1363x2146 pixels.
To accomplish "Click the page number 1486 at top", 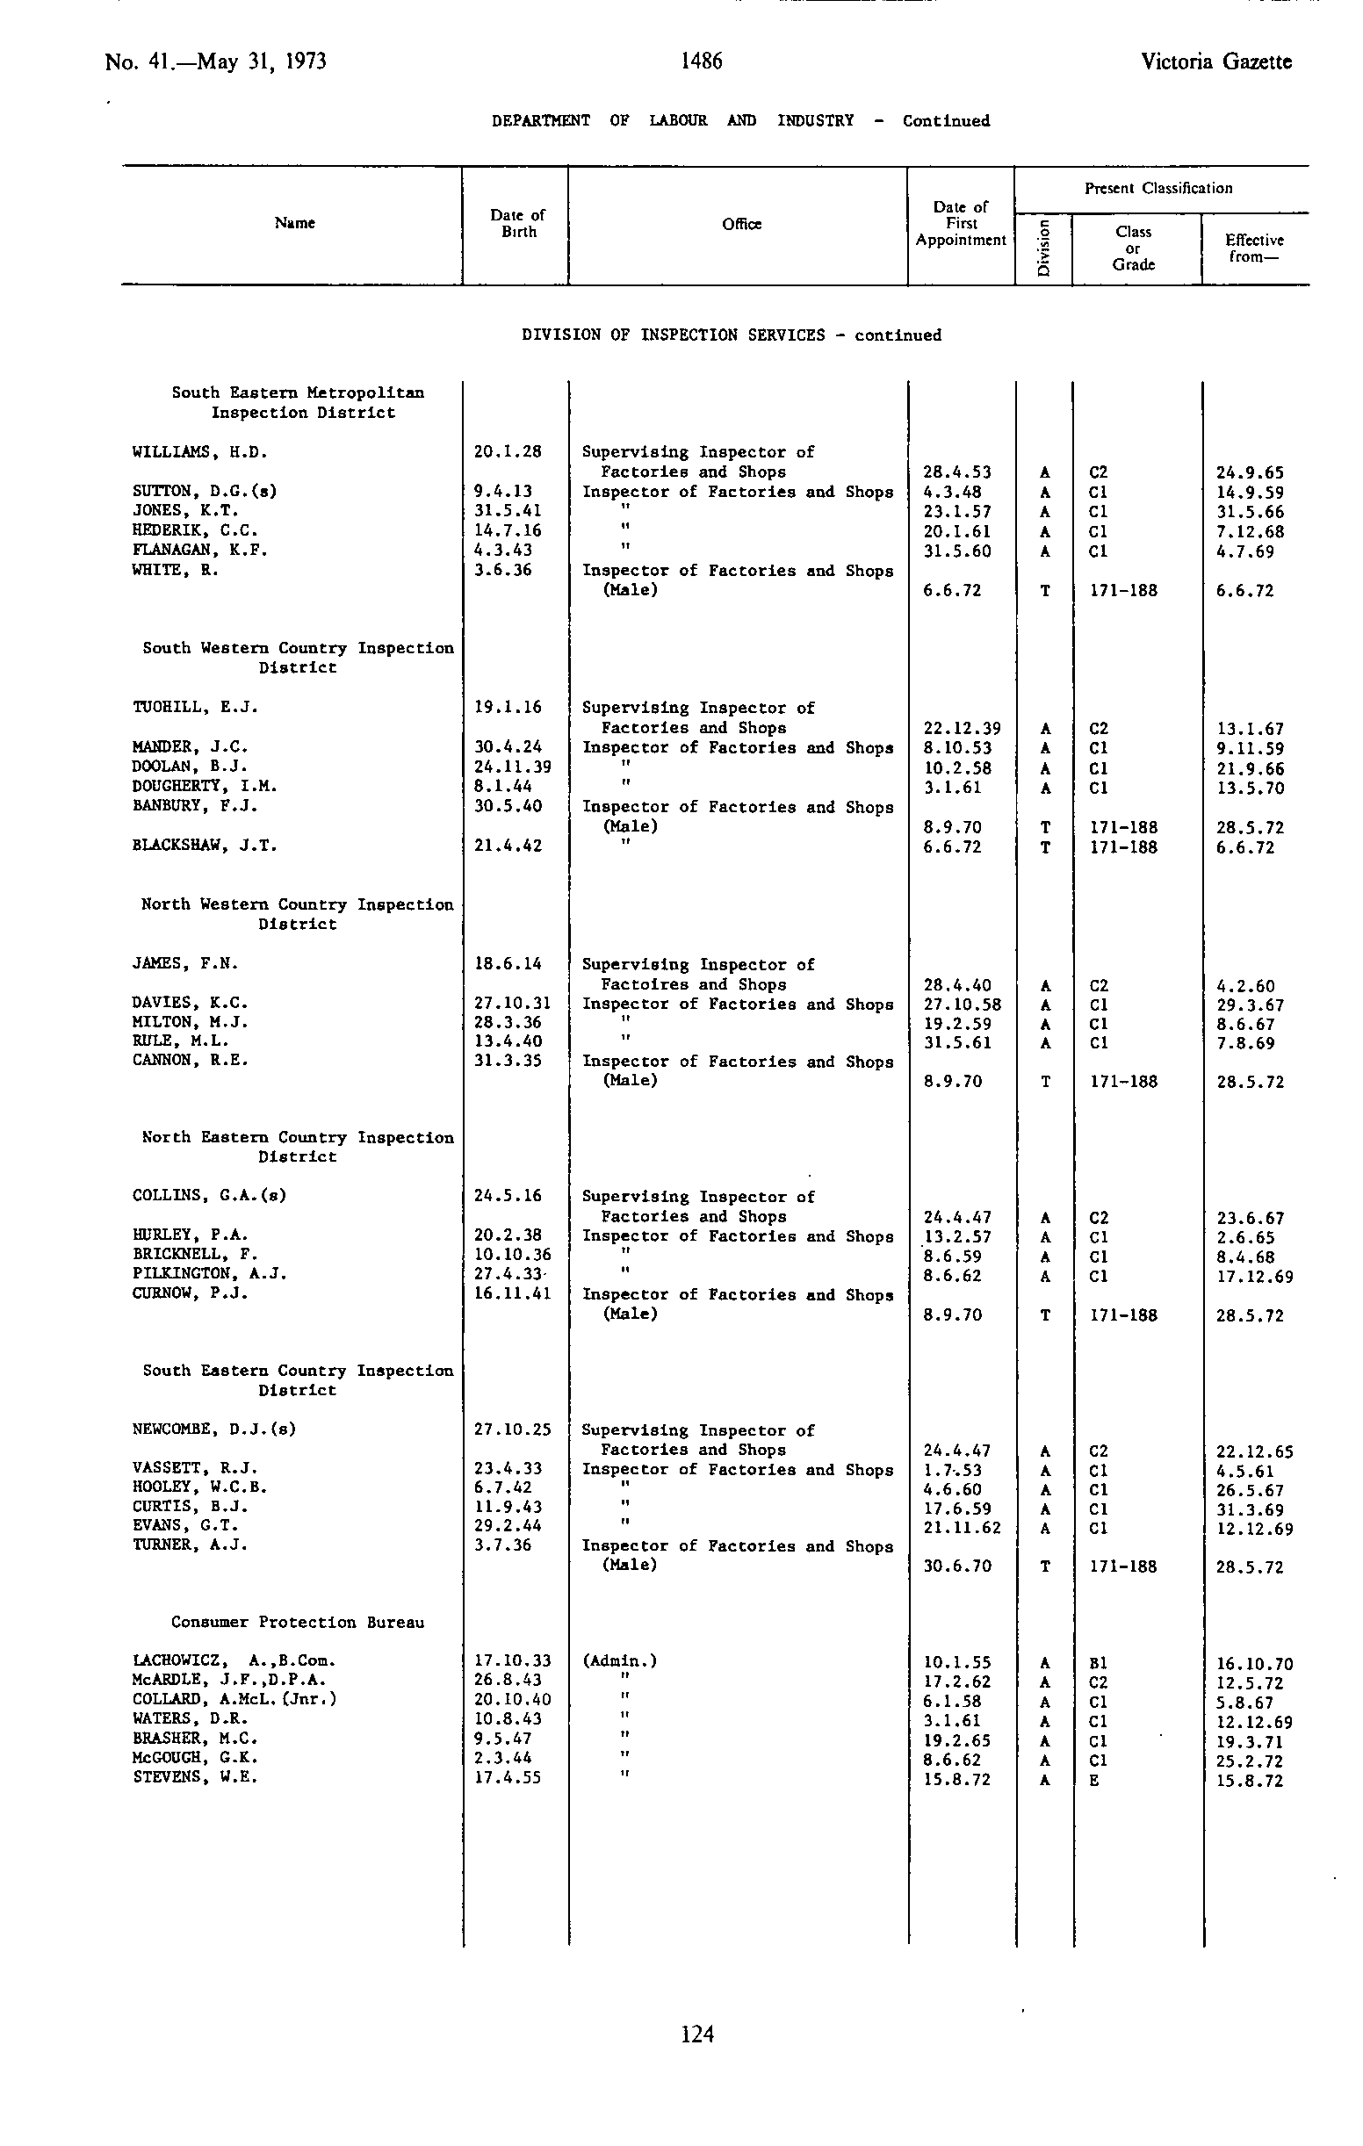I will pyautogui.click(x=701, y=61).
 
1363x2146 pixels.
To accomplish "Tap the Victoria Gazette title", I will pyautogui.click(x=1215, y=61).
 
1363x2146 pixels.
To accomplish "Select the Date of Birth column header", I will pyautogui.click(x=517, y=223).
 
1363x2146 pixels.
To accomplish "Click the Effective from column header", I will pyautogui.click(x=1253, y=248).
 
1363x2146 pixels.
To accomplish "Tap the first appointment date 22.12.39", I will pyautogui.click(x=962, y=728).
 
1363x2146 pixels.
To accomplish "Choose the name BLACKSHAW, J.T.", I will pyautogui.click(x=205, y=845).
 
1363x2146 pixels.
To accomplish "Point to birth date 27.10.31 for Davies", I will pyautogui.click(x=513, y=1003).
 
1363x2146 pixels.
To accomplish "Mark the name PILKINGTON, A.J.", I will pyautogui.click(x=210, y=1273).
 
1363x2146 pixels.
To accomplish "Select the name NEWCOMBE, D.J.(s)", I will pyautogui.click(x=214, y=1429).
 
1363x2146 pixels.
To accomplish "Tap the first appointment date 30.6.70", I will pyautogui.click(x=956, y=1566).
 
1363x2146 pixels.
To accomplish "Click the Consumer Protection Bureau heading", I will pyautogui.click(x=298, y=1622).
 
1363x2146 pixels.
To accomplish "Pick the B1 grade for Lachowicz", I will pyautogui.click(x=1098, y=1663).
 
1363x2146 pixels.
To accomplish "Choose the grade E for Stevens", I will pyautogui.click(x=1093, y=1780).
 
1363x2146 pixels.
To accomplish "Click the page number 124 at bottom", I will pyautogui.click(x=697, y=2034).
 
